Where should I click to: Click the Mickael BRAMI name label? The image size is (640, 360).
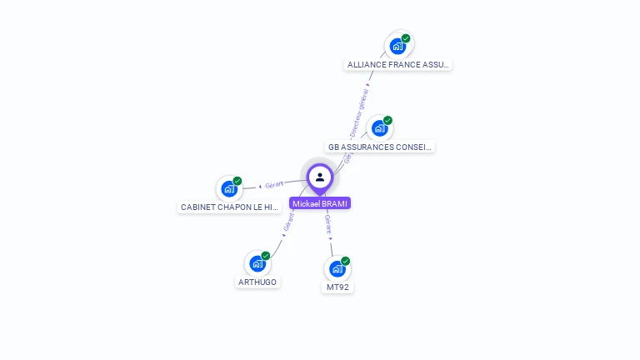point(320,203)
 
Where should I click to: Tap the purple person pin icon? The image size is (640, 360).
point(320,177)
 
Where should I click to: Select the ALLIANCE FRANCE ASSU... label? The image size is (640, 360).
point(398,64)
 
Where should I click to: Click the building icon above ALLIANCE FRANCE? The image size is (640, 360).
point(398,46)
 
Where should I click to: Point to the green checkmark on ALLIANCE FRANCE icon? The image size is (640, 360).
point(406,38)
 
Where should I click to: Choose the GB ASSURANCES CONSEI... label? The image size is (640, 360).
point(380,147)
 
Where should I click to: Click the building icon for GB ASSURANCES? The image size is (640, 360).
point(380,128)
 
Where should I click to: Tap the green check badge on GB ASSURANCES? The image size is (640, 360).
point(387,121)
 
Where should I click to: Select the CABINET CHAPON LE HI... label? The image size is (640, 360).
point(229,207)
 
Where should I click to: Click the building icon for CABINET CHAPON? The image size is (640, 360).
point(229,189)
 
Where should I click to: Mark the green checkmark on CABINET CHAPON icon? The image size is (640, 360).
point(237,181)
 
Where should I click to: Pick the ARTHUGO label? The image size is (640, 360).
point(257,282)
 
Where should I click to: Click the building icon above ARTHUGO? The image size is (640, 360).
point(257,263)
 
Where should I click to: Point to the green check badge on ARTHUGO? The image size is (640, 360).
point(266,256)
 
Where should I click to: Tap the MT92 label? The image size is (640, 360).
point(337,287)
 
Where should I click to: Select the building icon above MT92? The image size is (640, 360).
point(337,268)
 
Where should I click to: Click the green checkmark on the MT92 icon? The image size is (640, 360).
point(345,261)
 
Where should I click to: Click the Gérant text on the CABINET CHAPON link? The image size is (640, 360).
point(274,184)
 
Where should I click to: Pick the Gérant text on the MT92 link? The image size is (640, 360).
point(328,223)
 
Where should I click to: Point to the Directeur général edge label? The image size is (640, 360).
point(359,113)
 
